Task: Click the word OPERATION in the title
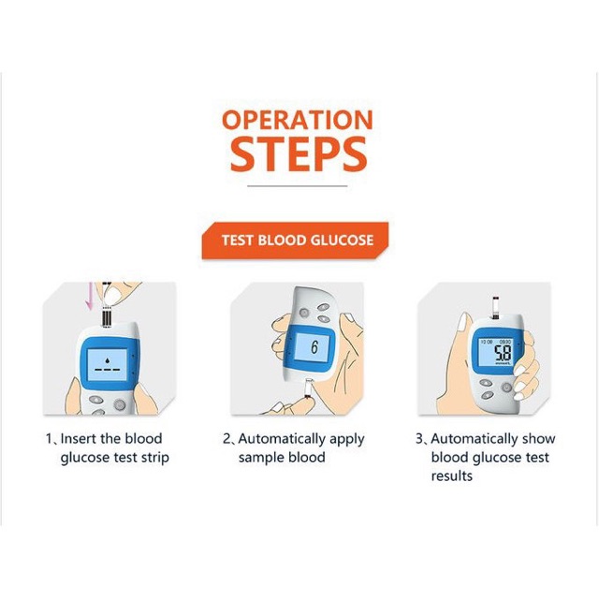click(x=298, y=120)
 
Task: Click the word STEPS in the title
click(x=299, y=154)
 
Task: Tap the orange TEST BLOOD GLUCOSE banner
click(x=296, y=241)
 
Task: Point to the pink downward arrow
click(x=90, y=296)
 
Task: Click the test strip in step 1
click(x=107, y=316)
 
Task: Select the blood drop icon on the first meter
click(x=108, y=359)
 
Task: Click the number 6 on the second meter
click(x=314, y=347)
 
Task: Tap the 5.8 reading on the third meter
click(x=503, y=353)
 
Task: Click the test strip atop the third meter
click(x=495, y=308)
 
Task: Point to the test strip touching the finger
click(x=308, y=389)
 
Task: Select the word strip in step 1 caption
click(x=155, y=458)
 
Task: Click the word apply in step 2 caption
click(x=347, y=440)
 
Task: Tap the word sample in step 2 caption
click(x=260, y=458)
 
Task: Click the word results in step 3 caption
click(x=452, y=476)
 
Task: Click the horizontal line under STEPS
click(x=298, y=186)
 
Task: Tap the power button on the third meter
click(x=506, y=387)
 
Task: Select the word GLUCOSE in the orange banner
click(x=342, y=241)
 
